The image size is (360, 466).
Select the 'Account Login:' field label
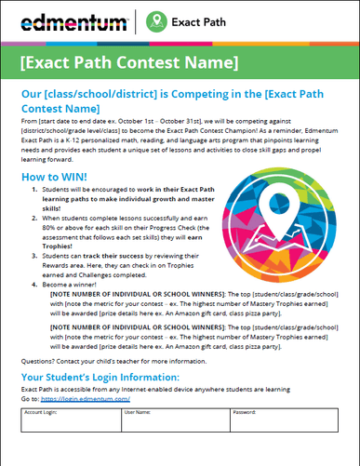point(44,411)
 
